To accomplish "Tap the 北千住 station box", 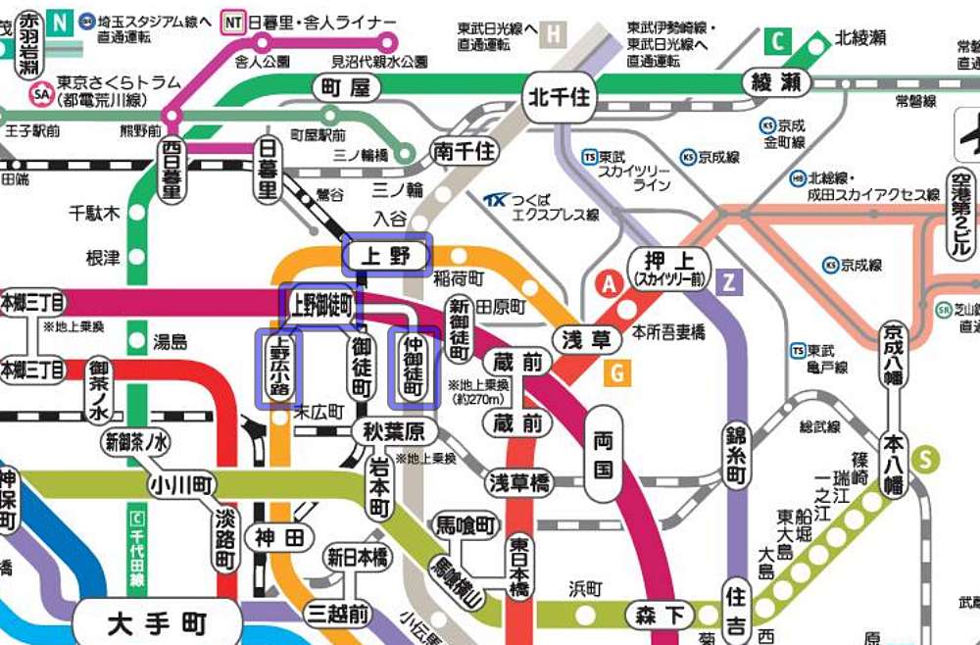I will pos(561,98).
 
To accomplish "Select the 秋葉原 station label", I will pos(392,431).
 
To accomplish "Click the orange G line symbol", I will pos(616,372).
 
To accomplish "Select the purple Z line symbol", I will pos(728,282).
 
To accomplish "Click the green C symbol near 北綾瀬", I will pos(779,42).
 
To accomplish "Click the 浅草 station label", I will pos(586,340).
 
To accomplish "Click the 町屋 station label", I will pos(345,88).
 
